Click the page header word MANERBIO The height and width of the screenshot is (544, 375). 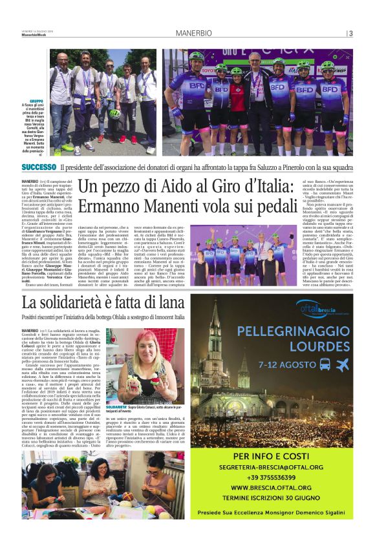coord(192,34)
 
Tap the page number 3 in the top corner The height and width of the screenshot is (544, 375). coord(350,34)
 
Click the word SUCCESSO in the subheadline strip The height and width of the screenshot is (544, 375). coord(38,167)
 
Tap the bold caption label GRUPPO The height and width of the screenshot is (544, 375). coord(36,102)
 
